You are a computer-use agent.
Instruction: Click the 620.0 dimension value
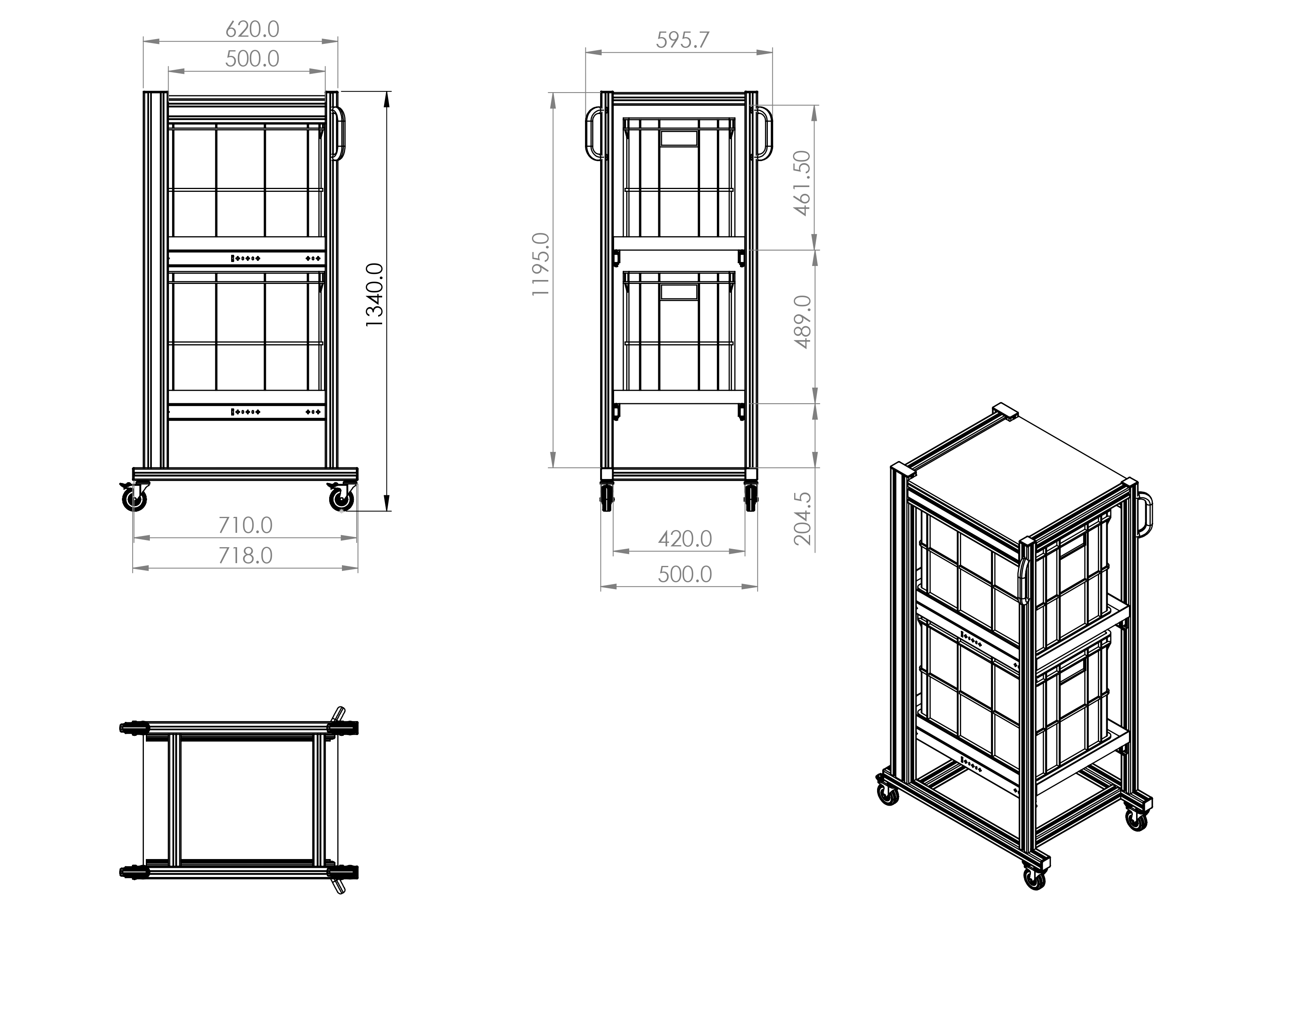252,29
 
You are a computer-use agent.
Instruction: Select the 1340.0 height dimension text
375,295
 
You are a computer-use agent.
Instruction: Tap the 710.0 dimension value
245,525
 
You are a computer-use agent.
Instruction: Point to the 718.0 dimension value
245,556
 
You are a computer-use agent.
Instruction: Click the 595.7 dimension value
683,40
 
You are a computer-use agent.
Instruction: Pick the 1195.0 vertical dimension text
541,264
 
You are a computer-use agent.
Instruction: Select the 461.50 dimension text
803,183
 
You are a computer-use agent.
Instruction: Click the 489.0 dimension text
803,322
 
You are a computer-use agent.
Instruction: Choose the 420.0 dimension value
685,539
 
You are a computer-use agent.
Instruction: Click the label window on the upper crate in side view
679,138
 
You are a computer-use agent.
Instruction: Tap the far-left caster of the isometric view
887,794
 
